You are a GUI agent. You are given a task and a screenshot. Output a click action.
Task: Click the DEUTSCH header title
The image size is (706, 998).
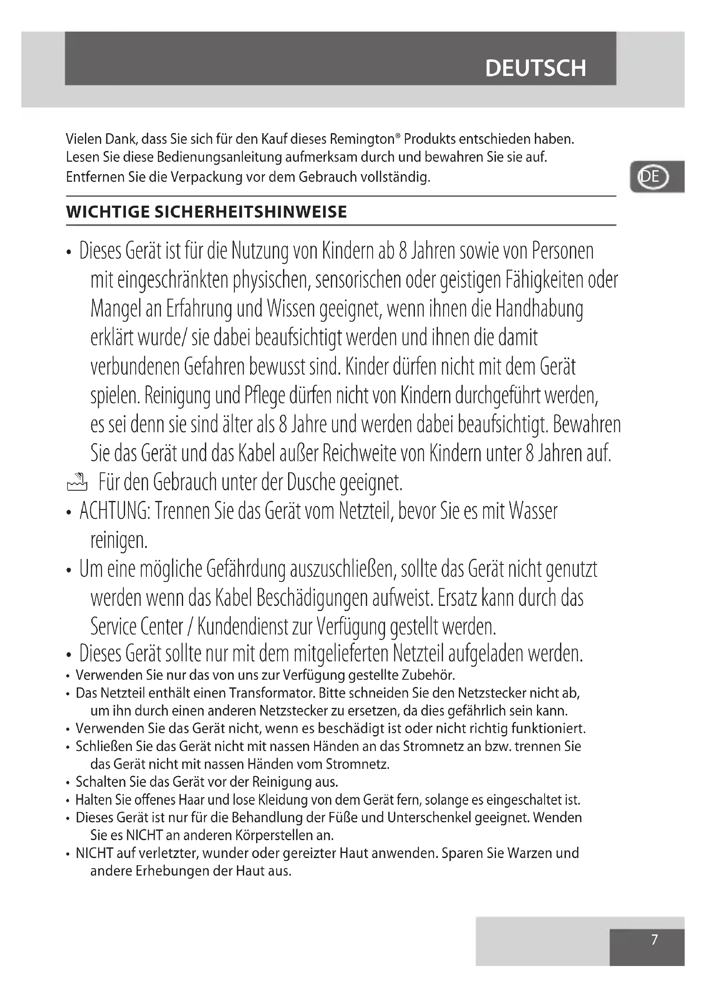click(535, 68)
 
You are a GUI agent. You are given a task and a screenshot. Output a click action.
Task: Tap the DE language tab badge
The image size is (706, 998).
click(652, 177)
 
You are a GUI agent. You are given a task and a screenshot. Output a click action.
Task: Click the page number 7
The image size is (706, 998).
click(654, 939)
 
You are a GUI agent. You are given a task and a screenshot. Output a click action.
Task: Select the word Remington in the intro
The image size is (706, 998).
click(362, 139)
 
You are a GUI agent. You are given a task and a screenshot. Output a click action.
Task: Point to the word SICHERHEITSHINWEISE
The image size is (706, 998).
click(251, 212)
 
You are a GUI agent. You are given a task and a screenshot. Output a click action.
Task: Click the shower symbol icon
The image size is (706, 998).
click(77, 483)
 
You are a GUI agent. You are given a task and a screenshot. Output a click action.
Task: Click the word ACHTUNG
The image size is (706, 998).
click(114, 511)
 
